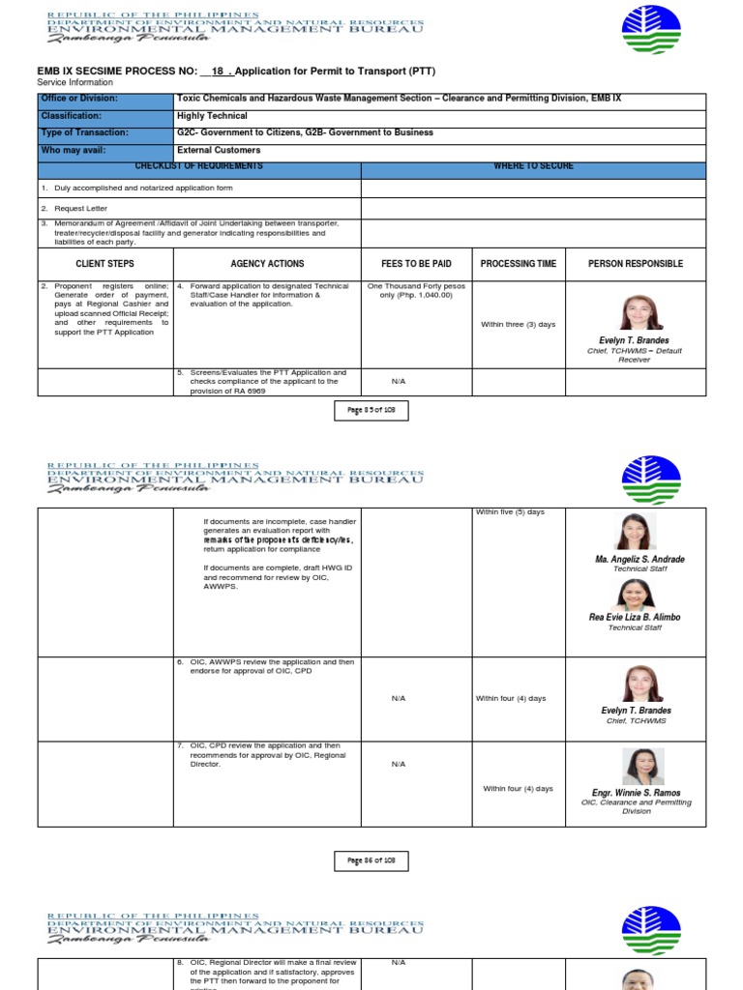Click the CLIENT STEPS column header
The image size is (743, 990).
104,264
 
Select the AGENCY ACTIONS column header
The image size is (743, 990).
267,264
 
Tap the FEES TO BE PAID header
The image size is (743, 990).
416,264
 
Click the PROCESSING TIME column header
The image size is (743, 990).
519,264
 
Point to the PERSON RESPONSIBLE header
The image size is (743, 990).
635,264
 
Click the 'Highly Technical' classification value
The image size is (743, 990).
212,116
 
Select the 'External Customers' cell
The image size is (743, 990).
218,151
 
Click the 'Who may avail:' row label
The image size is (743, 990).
74,151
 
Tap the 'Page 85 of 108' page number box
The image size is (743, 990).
372,411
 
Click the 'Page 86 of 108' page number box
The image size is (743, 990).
372,860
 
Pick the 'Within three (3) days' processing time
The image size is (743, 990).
519,324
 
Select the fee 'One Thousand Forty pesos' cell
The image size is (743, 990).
416,291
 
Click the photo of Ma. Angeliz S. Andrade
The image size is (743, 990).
635,532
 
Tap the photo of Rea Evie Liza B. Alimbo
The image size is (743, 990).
635,594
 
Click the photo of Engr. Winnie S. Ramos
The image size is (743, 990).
641,767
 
